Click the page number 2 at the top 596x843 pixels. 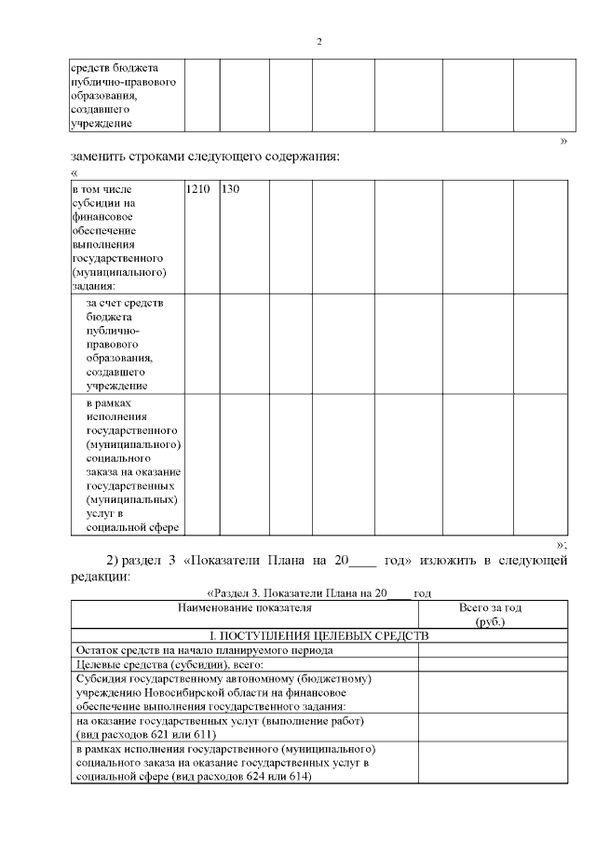coord(319,42)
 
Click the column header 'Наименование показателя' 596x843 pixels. coord(244,609)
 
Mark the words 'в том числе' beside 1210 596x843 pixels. coord(102,189)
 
